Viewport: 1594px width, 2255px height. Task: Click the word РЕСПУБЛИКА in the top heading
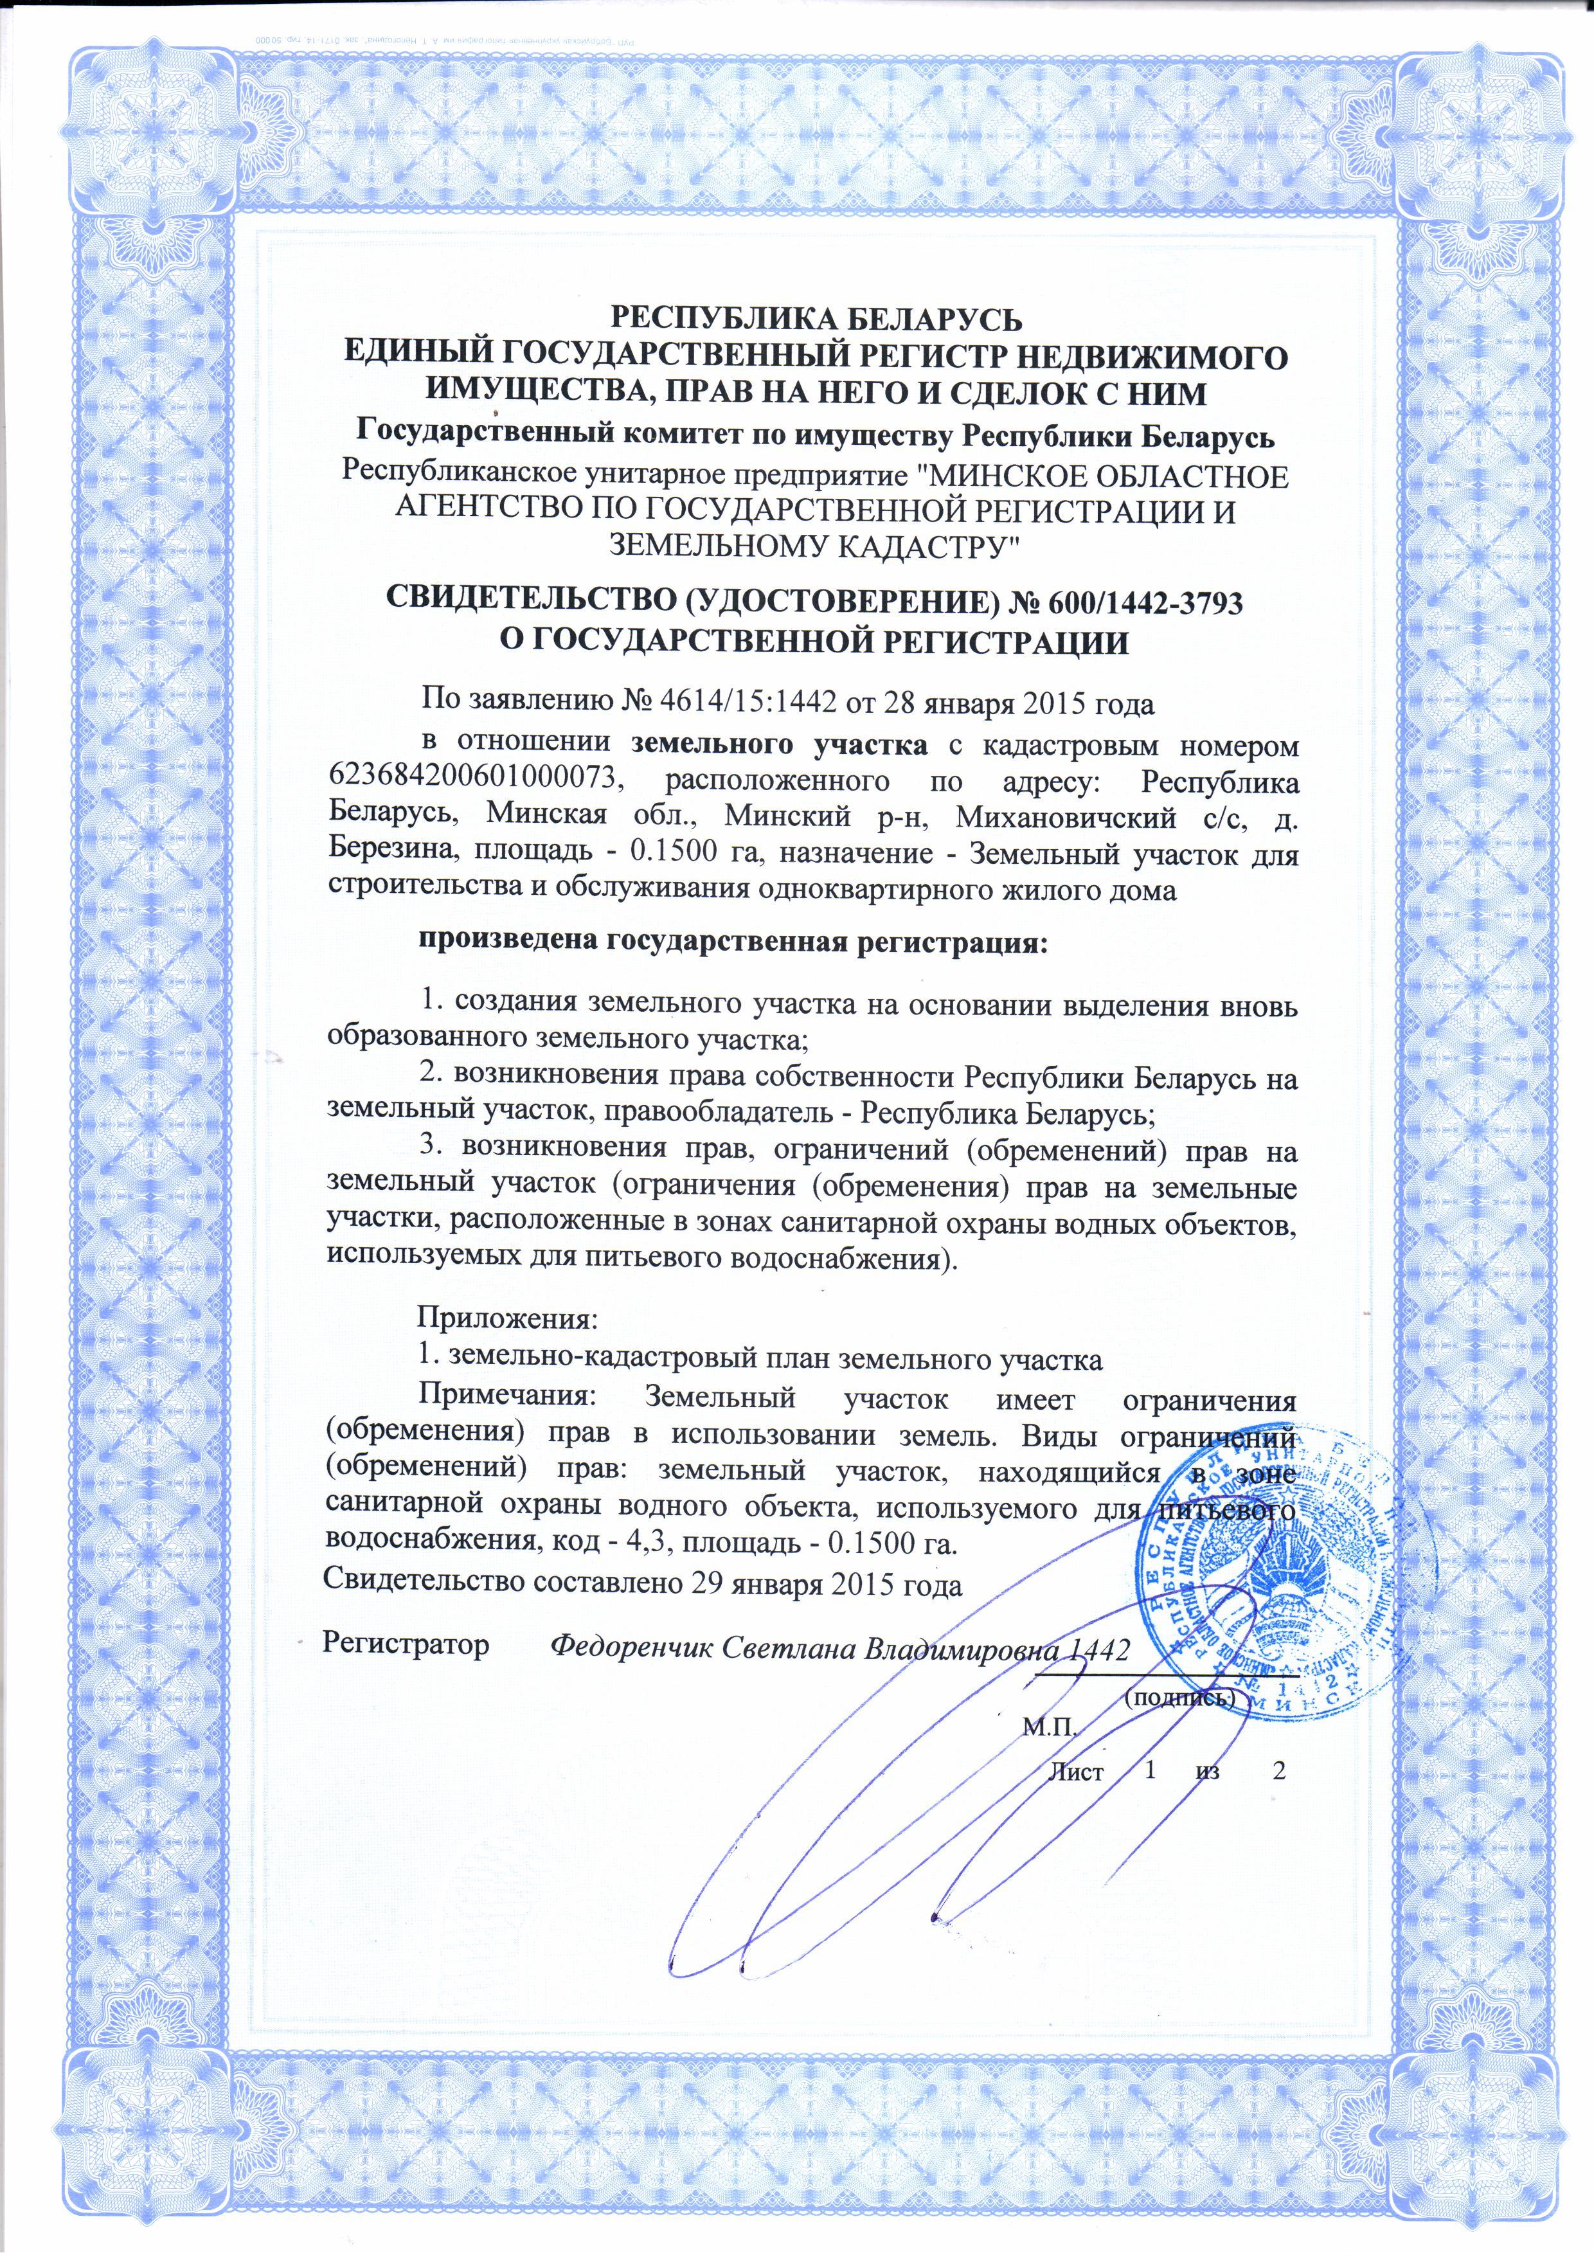click(723, 319)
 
